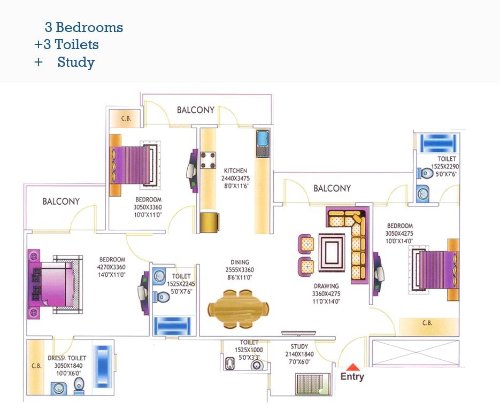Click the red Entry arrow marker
click(352, 367)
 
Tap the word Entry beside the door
click(352, 377)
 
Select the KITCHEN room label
click(236, 171)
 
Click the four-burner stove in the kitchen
click(209, 160)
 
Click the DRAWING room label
click(326, 287)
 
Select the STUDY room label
click(299, 347)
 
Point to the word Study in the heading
click(76, 63)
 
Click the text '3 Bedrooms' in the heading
click(84, 27)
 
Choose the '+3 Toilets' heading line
click(66, 45)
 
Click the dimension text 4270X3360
click(111, 267)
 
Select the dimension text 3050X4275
click(399, 234)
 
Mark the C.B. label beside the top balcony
click(126, 118)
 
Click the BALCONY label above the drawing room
click(332, 188)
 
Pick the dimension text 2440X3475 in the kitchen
click(236, 179)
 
